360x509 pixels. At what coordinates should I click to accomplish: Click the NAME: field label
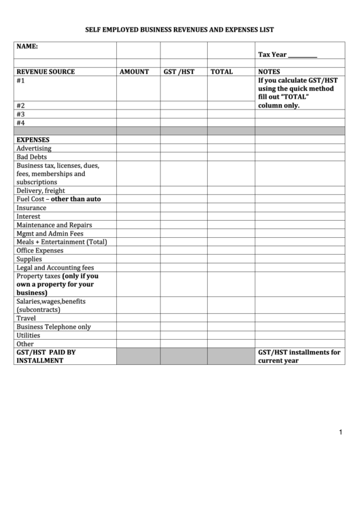27,46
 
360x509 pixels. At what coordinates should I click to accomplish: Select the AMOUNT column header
134,71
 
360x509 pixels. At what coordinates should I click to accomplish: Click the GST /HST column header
179,71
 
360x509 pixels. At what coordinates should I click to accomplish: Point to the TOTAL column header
221,71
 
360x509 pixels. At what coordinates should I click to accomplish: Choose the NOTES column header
269,71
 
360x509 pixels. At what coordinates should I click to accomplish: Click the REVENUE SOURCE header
46,71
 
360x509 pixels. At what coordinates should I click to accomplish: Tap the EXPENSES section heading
33,140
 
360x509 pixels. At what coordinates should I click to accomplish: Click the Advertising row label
34,148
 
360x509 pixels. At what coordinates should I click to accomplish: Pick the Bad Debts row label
31,156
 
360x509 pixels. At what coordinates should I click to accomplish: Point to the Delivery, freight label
41,191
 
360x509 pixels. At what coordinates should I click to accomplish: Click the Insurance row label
31,208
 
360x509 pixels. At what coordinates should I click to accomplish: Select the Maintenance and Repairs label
54,225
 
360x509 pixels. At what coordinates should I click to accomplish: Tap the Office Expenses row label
39,250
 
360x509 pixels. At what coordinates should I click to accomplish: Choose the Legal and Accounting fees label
55,267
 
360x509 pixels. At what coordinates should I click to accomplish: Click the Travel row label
26,318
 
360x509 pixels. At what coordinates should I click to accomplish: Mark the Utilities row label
29,335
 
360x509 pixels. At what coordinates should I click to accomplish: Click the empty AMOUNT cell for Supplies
138,259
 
